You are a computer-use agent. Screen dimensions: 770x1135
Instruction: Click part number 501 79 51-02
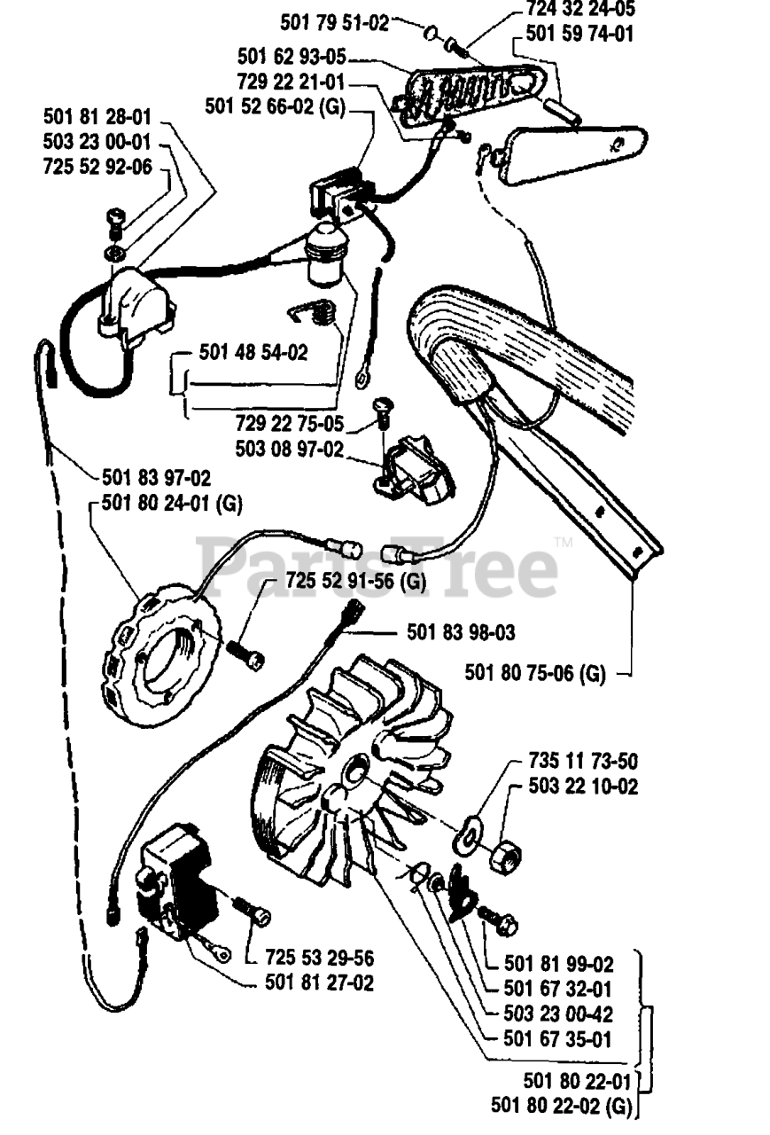point(335,22)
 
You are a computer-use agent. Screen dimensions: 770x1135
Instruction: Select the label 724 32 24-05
point(579,10)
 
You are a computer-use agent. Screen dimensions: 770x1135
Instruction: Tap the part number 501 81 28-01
point(97,117)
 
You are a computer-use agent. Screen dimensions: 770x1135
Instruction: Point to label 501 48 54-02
point(253,352)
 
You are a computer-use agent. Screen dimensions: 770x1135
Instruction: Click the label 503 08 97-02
point(289,449)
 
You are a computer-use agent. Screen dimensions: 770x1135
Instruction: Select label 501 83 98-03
point(461,633)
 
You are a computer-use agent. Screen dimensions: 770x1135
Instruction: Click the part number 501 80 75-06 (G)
point(535,674)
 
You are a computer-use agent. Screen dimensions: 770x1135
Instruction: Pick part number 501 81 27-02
point(319,983)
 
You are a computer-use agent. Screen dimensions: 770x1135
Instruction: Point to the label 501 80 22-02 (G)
point(564,1106)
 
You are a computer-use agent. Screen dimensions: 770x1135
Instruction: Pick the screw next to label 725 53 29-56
point(252,912)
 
